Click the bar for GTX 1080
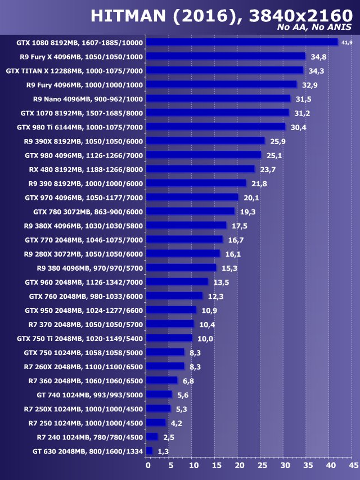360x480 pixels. (x=242, y=42)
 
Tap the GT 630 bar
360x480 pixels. (x=149, y=451)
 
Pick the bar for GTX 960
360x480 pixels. (x=177, y=281)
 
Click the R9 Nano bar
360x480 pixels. (x=218, y=98)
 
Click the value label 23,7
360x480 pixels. (x=267, y=169)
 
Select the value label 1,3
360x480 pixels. (x=163, y=451)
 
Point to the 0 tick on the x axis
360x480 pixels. (x=148, y=465)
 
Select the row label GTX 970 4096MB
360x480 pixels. (x=84, y=198)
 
